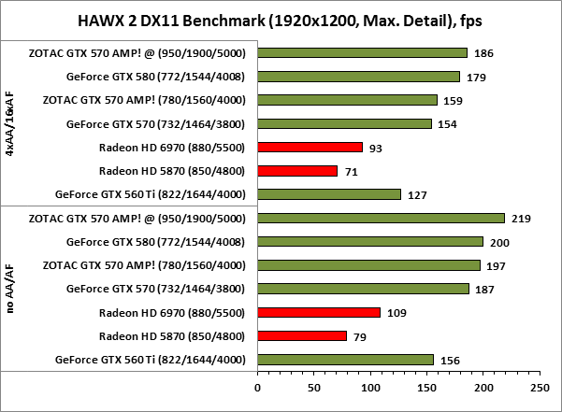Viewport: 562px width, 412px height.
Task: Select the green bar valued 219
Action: coord(381,219)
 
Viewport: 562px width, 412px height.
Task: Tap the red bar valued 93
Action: coord(310,147)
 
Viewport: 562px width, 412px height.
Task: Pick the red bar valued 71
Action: coord(297,171)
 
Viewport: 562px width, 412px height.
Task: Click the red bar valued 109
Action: coord(319,312)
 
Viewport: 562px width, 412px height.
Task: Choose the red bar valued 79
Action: coord(302,335)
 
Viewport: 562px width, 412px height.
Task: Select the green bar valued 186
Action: coord(362,52)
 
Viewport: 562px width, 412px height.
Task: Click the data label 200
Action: coord(503,242)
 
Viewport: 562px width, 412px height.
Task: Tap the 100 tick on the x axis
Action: coord(370,385)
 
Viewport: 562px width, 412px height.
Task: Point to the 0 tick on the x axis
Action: coord(257,385)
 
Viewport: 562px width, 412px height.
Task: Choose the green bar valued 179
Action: coord(358,77)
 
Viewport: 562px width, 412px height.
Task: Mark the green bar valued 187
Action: coord(363,289)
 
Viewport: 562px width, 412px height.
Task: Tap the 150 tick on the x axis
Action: coord(427,385)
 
